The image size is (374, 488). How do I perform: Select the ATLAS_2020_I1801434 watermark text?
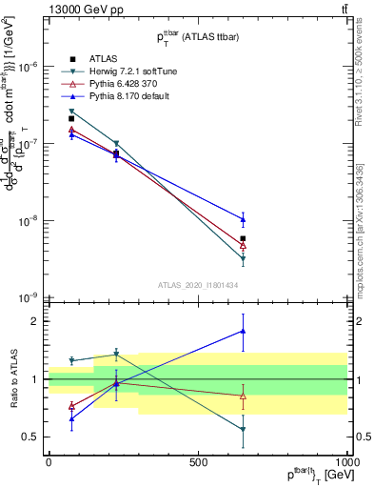pyautogui.click(x=197, y=285)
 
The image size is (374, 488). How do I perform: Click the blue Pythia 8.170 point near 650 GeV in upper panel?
pyautogui.click(x=243, y=219)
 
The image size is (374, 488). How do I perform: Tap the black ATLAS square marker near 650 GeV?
pyautogui.click(x=243, y=238)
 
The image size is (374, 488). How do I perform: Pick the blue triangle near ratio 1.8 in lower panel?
pyautogui.click(x=243, y=332)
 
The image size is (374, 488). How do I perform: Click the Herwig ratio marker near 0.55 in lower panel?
pyautogui.click(x=243, y=430)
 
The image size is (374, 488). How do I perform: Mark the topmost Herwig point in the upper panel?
pyautogui.click(x=71, y=112)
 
